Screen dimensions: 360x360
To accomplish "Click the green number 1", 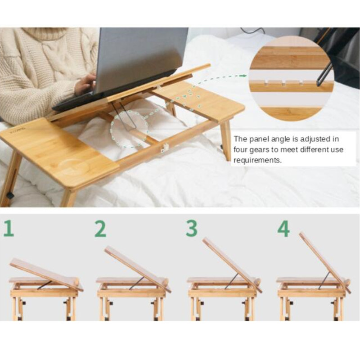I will [x=9, y=229].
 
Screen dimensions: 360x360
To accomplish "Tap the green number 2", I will [x=100, y=229].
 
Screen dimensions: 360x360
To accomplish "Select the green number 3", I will [x=192, y=229].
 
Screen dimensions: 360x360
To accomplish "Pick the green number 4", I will [x=283, y=229].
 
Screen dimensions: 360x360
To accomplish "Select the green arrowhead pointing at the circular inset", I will [x=245, y=76].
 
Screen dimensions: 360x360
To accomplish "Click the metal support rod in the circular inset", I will [x=324, y=74].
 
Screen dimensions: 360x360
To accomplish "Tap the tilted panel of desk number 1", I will [x=43, y=272].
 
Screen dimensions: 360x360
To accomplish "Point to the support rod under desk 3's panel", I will [x=231, y=281].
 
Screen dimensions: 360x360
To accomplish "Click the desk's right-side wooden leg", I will [x=225, y=139].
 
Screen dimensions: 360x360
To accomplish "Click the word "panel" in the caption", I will [x=261, y=139].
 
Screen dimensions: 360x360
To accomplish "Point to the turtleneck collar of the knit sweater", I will [x=47, y=34].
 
